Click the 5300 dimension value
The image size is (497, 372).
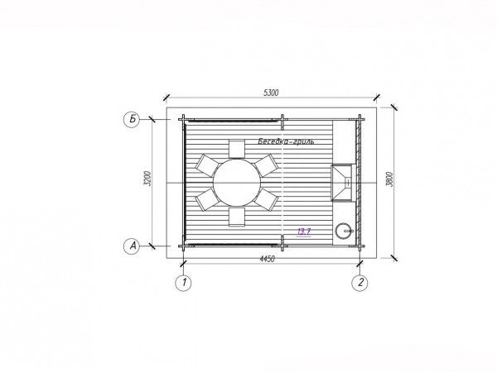[271, 93]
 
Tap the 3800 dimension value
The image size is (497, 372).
[390, 179]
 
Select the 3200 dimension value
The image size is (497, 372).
[147, 178]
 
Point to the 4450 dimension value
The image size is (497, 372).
[268, 259]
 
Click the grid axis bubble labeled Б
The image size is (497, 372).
[132, 119]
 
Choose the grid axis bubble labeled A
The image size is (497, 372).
[132, 246]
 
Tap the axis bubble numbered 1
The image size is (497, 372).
[184, 283]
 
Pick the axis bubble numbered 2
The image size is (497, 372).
[360, 283]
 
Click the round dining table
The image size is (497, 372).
[237, 183]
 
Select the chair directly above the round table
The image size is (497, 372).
[237, 149]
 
